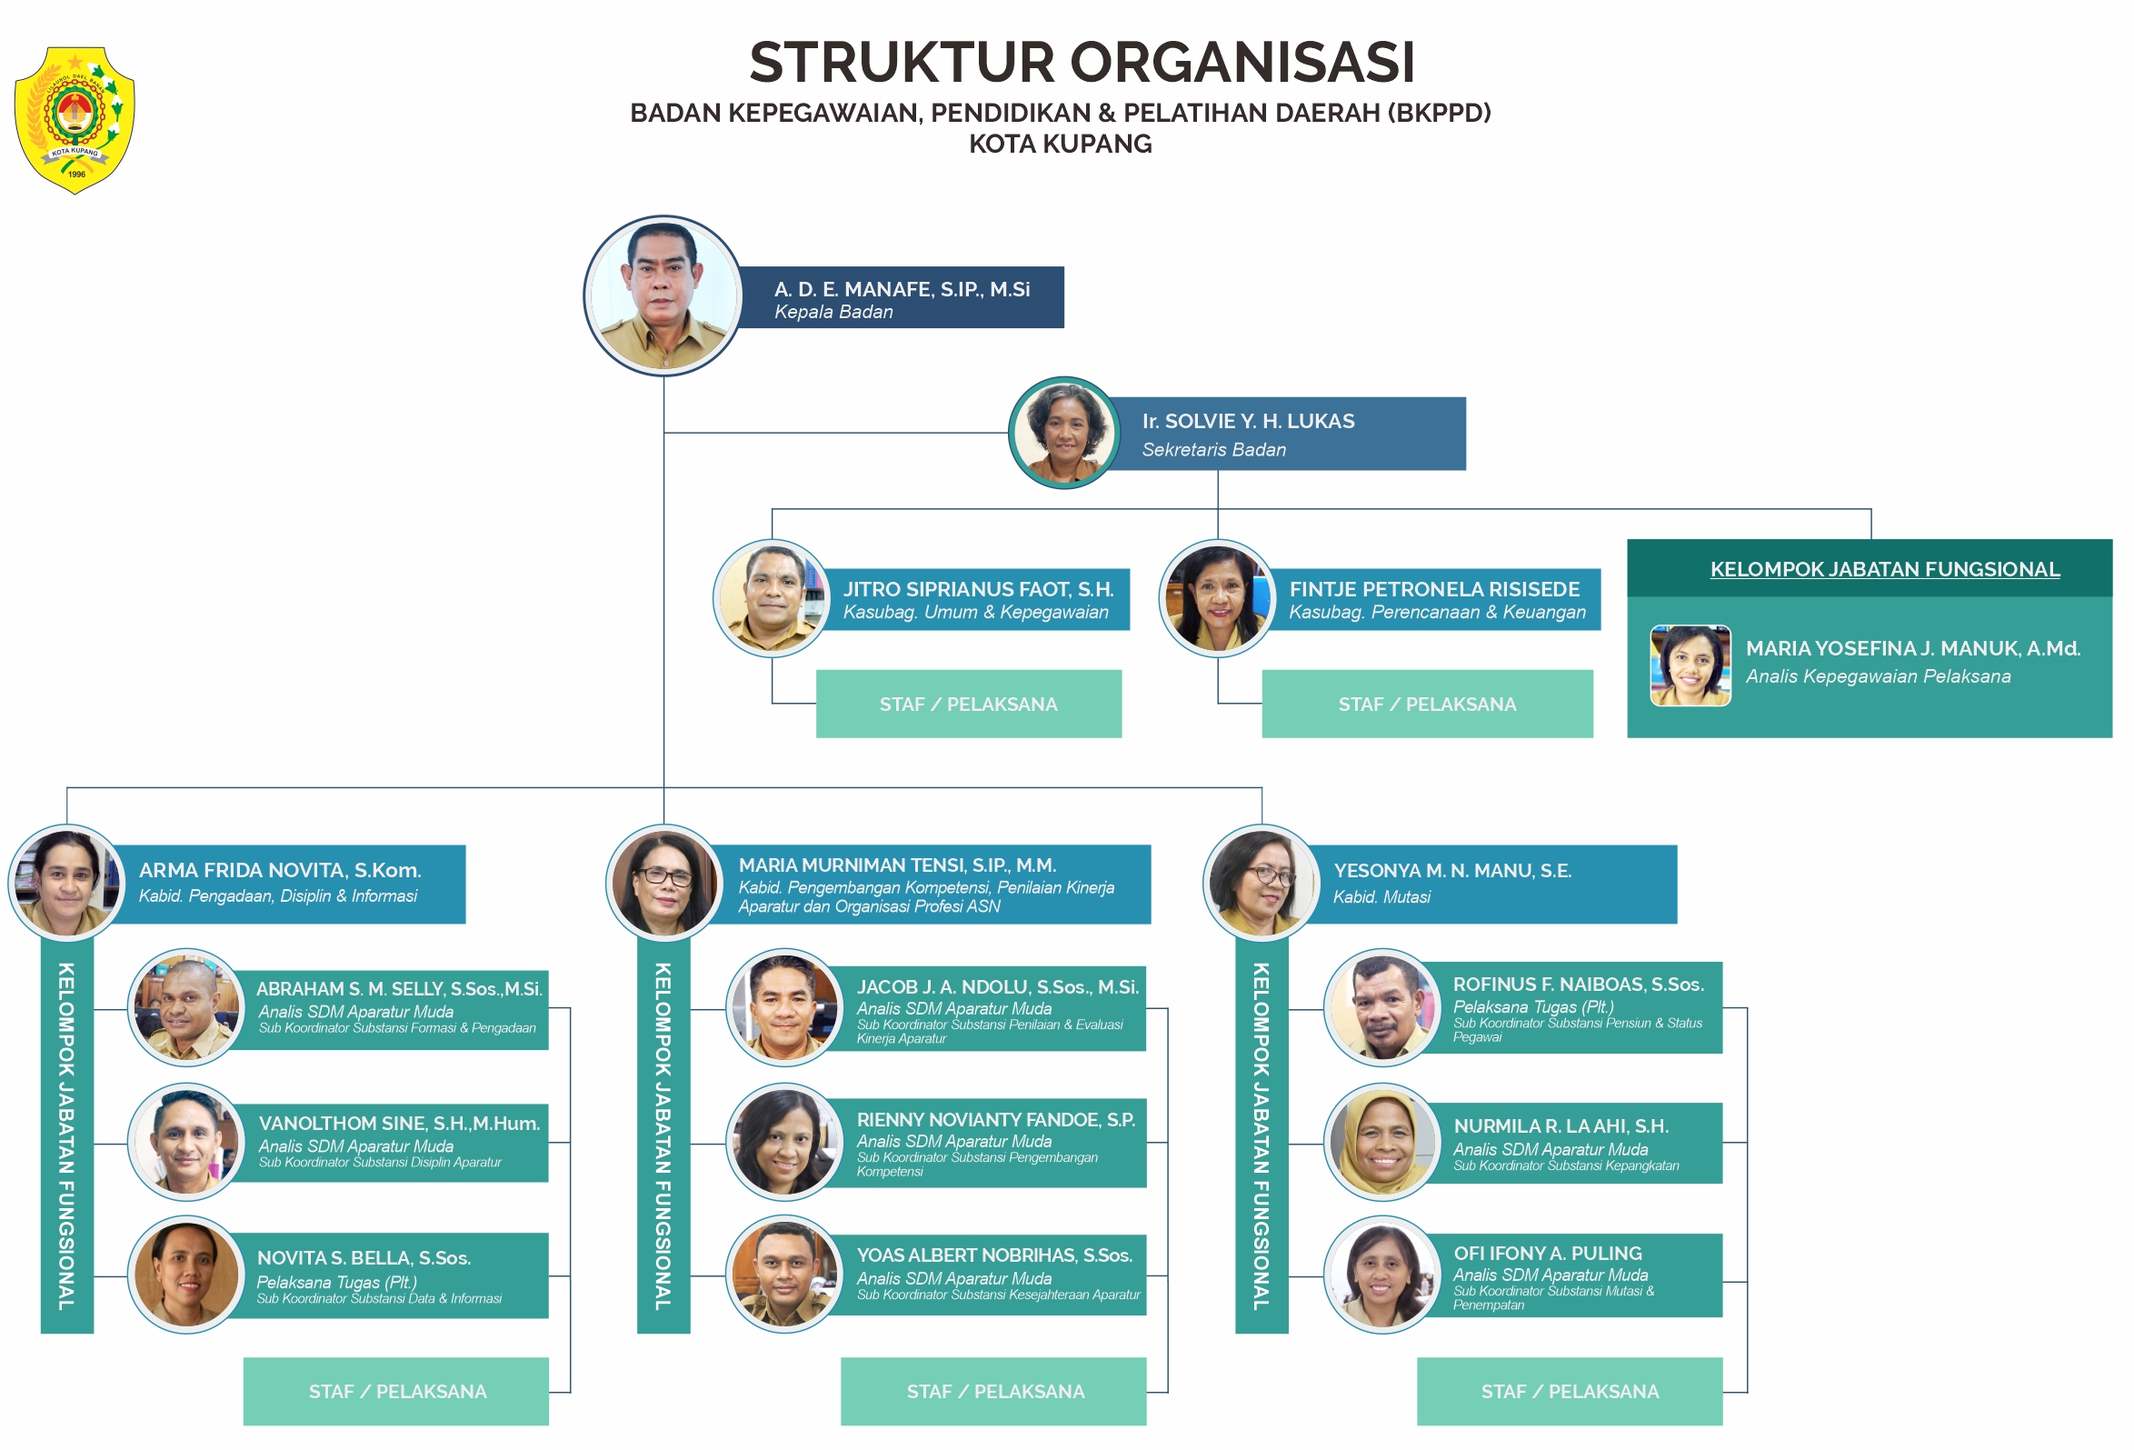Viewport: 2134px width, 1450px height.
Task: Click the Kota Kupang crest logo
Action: (75, 120)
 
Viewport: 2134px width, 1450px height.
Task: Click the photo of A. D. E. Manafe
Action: (663, 295)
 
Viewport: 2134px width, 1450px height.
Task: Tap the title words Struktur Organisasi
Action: (1081, 63)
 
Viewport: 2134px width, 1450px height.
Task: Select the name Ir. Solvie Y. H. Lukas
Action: (1247, 422)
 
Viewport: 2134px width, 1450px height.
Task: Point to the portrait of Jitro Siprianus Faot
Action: (773, 598)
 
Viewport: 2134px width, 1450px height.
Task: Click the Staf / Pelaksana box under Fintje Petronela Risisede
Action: (1426, 705)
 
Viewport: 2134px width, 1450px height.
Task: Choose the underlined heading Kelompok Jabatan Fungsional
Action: (1884, 569)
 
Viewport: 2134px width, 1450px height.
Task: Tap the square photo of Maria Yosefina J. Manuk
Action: (1690, 665)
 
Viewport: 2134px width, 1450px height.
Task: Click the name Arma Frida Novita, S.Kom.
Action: (280, 871)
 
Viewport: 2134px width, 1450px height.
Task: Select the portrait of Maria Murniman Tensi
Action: (663, 884)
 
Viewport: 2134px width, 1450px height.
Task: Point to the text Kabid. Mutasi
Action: (1381, 897)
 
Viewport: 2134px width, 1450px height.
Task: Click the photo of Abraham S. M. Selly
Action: (186, 1007)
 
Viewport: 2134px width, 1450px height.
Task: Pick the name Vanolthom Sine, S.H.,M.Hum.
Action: (398, 1124)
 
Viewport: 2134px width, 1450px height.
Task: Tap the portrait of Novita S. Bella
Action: (186, 1275)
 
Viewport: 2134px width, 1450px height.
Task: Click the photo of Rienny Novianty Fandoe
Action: (784, 1143)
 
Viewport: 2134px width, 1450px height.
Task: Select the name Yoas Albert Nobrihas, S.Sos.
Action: (993, 1255)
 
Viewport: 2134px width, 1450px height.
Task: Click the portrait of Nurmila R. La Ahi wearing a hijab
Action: (1382, 1143)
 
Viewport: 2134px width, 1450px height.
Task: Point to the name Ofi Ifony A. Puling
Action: (1546, 1254)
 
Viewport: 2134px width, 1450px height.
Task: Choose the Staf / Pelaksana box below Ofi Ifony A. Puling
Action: (1569, 1391)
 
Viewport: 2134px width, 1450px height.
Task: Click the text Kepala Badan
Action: (833, 312)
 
